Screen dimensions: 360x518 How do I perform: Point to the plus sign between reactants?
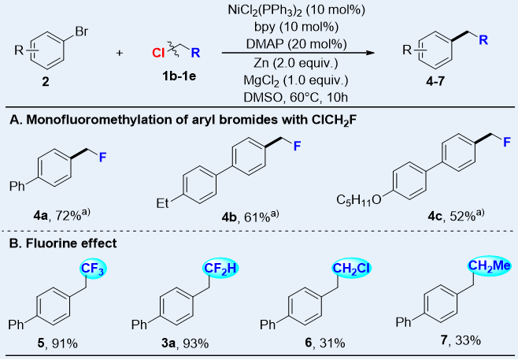click(x=120, y=54)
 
